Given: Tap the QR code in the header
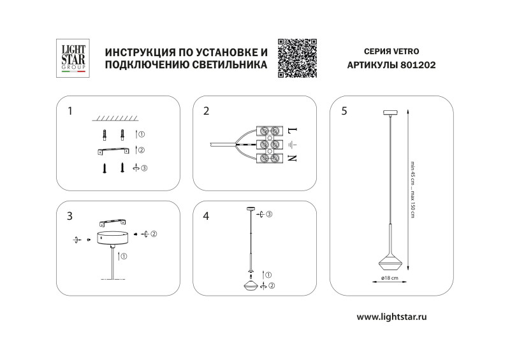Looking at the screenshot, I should [x=297, y=58].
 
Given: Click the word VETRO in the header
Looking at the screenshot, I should [x=406, y=50].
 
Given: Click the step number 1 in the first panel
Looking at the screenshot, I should [x=69, y=111].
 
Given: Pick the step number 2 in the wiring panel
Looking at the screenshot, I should [x=206, y=111].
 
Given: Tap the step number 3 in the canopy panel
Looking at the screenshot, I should [x=69, y=216].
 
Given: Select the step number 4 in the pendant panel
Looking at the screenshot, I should [x=206, y=216].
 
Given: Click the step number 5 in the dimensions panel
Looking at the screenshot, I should [x=344, y=111].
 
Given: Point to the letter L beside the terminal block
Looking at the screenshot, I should [x=293, y=131].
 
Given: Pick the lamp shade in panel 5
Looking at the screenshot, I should [x=388, y=259].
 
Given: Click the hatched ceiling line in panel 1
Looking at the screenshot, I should [x=119, y=118].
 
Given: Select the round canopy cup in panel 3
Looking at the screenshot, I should [x=113, y=238].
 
